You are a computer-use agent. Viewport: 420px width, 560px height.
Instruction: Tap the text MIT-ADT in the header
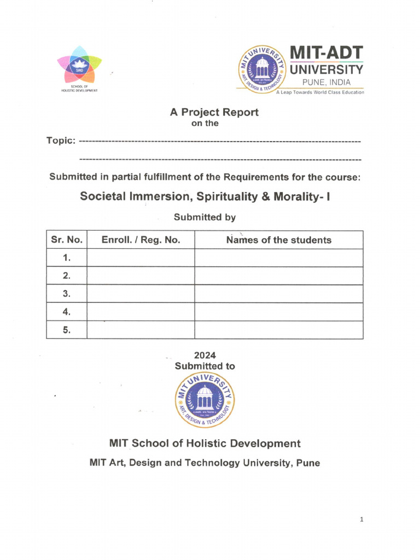click(326, 53)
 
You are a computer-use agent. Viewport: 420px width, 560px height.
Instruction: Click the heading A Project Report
click(214, 112)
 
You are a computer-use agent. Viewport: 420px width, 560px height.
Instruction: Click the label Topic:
click(61, 141)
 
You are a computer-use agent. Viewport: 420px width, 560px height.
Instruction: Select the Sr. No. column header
click(67, 240)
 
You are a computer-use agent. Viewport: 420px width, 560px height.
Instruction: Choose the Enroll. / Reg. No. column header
click(141, 240)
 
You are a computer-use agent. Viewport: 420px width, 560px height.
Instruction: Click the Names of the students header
click(279, 240)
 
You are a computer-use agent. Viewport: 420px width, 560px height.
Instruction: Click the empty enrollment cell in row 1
click(141, 258)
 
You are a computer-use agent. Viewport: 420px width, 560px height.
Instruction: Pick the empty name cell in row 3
click(279, 294)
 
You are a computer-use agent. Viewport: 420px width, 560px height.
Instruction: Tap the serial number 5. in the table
click(67, 330)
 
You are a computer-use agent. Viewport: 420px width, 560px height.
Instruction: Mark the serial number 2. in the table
click(67, 276)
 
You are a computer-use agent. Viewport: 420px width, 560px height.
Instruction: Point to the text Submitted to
click(205, 366)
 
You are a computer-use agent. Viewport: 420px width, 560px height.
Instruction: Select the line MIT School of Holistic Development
click(205, 444)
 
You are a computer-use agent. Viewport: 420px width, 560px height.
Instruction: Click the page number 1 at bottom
click(361, 520)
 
